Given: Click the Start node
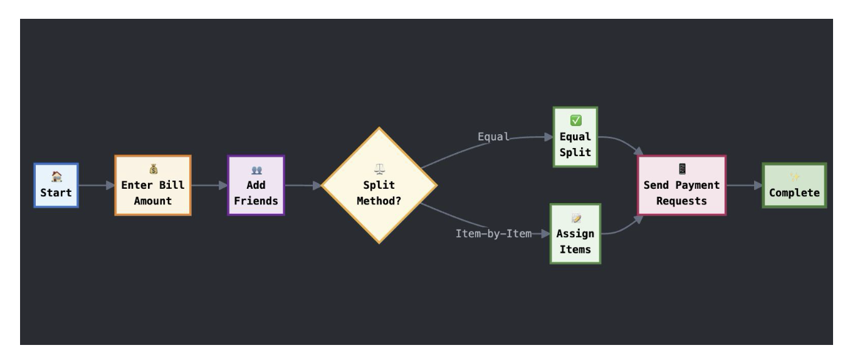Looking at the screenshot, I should (x=56, y=186).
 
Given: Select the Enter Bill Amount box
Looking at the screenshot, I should (x=152, y=186).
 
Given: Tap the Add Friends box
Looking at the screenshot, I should (x=256, y=186).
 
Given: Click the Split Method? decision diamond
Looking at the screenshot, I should (x=379, y=186).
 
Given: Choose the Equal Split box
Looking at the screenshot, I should (x=575, y=137).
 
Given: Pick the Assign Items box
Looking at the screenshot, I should (x=575, y=234).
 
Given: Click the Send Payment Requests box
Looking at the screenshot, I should (x=681, y=186).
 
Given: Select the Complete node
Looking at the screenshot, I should (x=794, y=186).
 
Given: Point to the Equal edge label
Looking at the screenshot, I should (x=493, y=137).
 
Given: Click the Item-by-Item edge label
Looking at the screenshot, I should (x=493, y=234).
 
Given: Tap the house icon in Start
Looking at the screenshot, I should (x=56, y=177).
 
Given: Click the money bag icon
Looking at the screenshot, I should (x=152, y=169).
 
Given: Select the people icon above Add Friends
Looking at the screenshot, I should (x=256, y=170).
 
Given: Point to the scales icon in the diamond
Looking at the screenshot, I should (x=379, y=170).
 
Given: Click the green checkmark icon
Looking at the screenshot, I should (x=575, y=120).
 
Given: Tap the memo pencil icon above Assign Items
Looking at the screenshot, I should (x=575, y=218).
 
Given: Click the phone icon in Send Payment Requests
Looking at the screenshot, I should (x=681, y=169).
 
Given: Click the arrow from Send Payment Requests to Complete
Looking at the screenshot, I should (x=744, y=186).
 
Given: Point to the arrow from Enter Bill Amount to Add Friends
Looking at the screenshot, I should (x=209, y=186).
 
